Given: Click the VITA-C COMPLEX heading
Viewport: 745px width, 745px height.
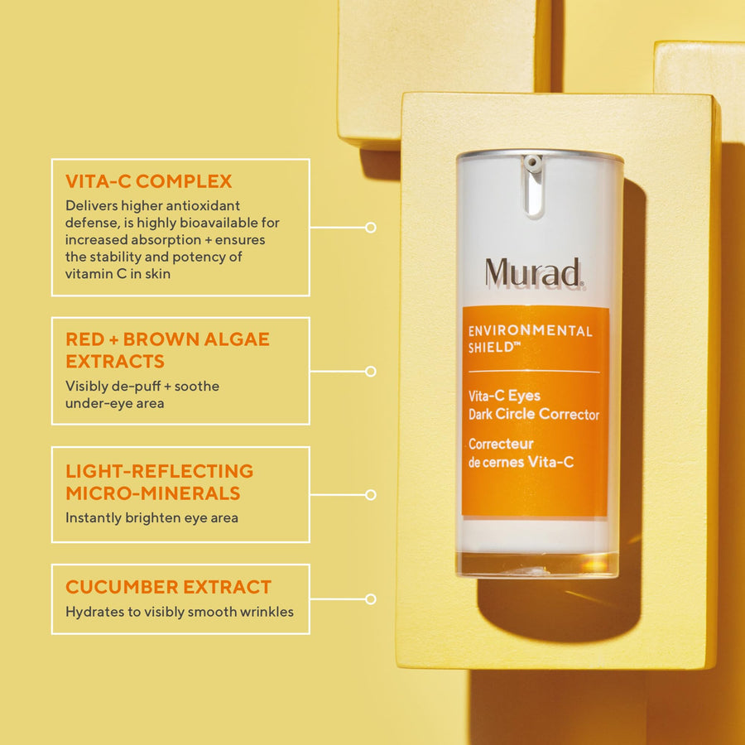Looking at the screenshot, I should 148,181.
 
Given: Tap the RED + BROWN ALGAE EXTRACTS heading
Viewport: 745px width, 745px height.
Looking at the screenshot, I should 167,350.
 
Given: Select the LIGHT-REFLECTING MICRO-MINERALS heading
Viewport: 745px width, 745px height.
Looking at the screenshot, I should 159,482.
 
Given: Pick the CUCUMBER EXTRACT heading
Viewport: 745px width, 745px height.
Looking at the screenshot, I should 168,587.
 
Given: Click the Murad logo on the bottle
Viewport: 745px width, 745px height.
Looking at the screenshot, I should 534,273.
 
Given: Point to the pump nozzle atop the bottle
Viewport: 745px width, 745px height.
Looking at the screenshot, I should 533,164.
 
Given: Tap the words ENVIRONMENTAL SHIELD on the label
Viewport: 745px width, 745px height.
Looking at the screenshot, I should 530,338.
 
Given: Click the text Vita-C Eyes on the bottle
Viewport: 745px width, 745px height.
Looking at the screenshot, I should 504,397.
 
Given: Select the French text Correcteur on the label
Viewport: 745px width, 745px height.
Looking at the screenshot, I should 501,444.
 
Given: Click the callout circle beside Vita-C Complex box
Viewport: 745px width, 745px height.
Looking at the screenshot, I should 371,227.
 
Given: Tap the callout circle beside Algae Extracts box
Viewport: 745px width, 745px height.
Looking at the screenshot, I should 371,372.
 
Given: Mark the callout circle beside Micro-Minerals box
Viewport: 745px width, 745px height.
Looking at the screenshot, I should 371,495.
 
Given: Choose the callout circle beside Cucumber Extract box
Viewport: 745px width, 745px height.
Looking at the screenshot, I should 371,598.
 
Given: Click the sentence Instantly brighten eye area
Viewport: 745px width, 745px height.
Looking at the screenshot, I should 151,517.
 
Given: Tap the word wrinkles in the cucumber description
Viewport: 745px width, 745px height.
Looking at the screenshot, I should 267,613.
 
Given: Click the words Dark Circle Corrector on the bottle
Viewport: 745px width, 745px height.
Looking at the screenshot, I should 533,415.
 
